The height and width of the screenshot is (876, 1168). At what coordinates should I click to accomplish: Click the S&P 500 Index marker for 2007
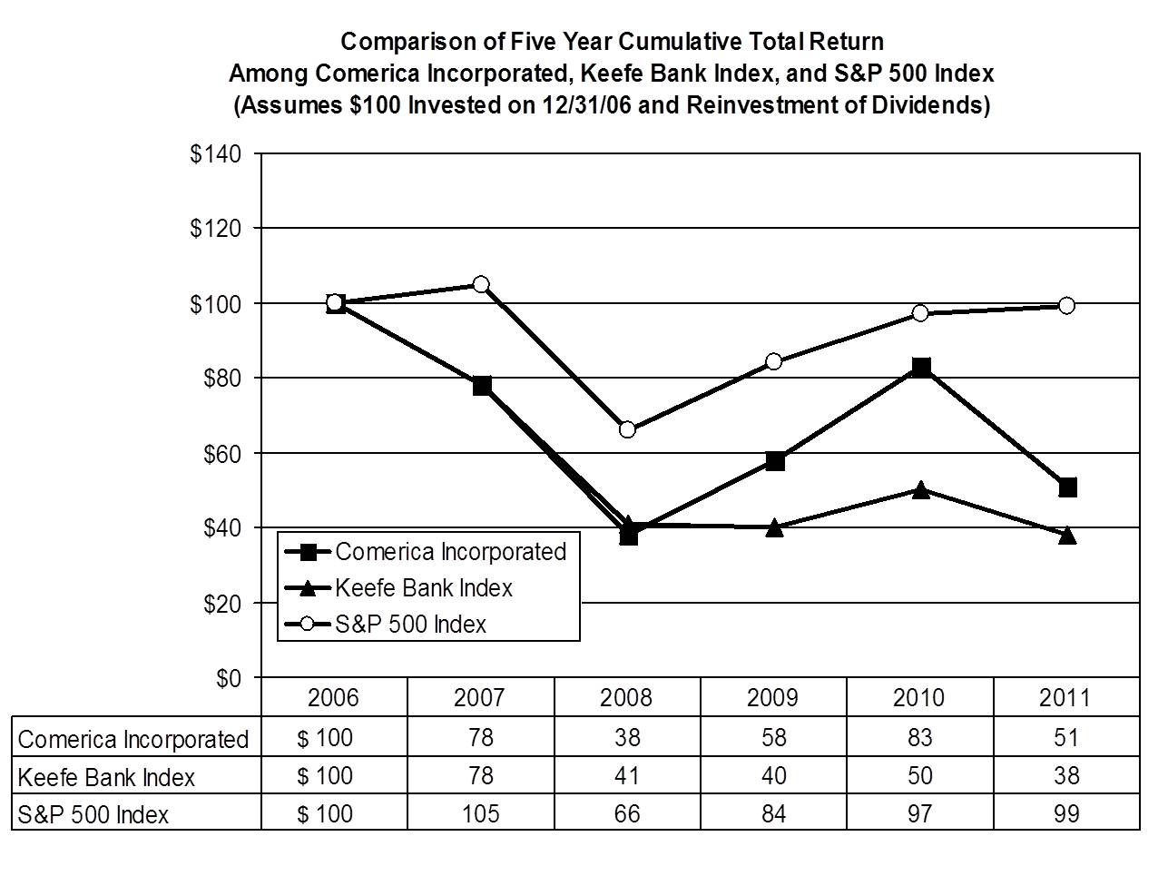481,284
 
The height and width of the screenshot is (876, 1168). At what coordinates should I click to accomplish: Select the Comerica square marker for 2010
920,368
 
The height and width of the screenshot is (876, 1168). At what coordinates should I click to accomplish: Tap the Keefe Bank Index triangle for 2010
920,490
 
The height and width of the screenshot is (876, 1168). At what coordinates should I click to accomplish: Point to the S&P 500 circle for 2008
627,429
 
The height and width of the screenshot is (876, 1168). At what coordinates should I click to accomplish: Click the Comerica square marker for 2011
1067,487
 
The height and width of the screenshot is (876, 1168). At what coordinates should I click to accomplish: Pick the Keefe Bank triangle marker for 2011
1067,536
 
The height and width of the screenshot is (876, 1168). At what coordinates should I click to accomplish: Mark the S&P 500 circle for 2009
774,361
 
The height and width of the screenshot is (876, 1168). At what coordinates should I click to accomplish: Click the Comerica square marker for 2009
774,460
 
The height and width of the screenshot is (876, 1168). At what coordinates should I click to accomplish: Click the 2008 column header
626,697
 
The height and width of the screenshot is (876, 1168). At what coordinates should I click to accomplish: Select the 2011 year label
1065,697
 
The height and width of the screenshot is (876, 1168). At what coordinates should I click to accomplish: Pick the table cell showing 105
480,813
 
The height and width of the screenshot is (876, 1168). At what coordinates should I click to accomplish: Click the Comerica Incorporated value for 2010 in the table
919,737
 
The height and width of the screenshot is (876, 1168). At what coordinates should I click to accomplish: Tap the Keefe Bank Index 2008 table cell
626,776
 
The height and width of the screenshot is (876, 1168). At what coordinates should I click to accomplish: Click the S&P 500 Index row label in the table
93,814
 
